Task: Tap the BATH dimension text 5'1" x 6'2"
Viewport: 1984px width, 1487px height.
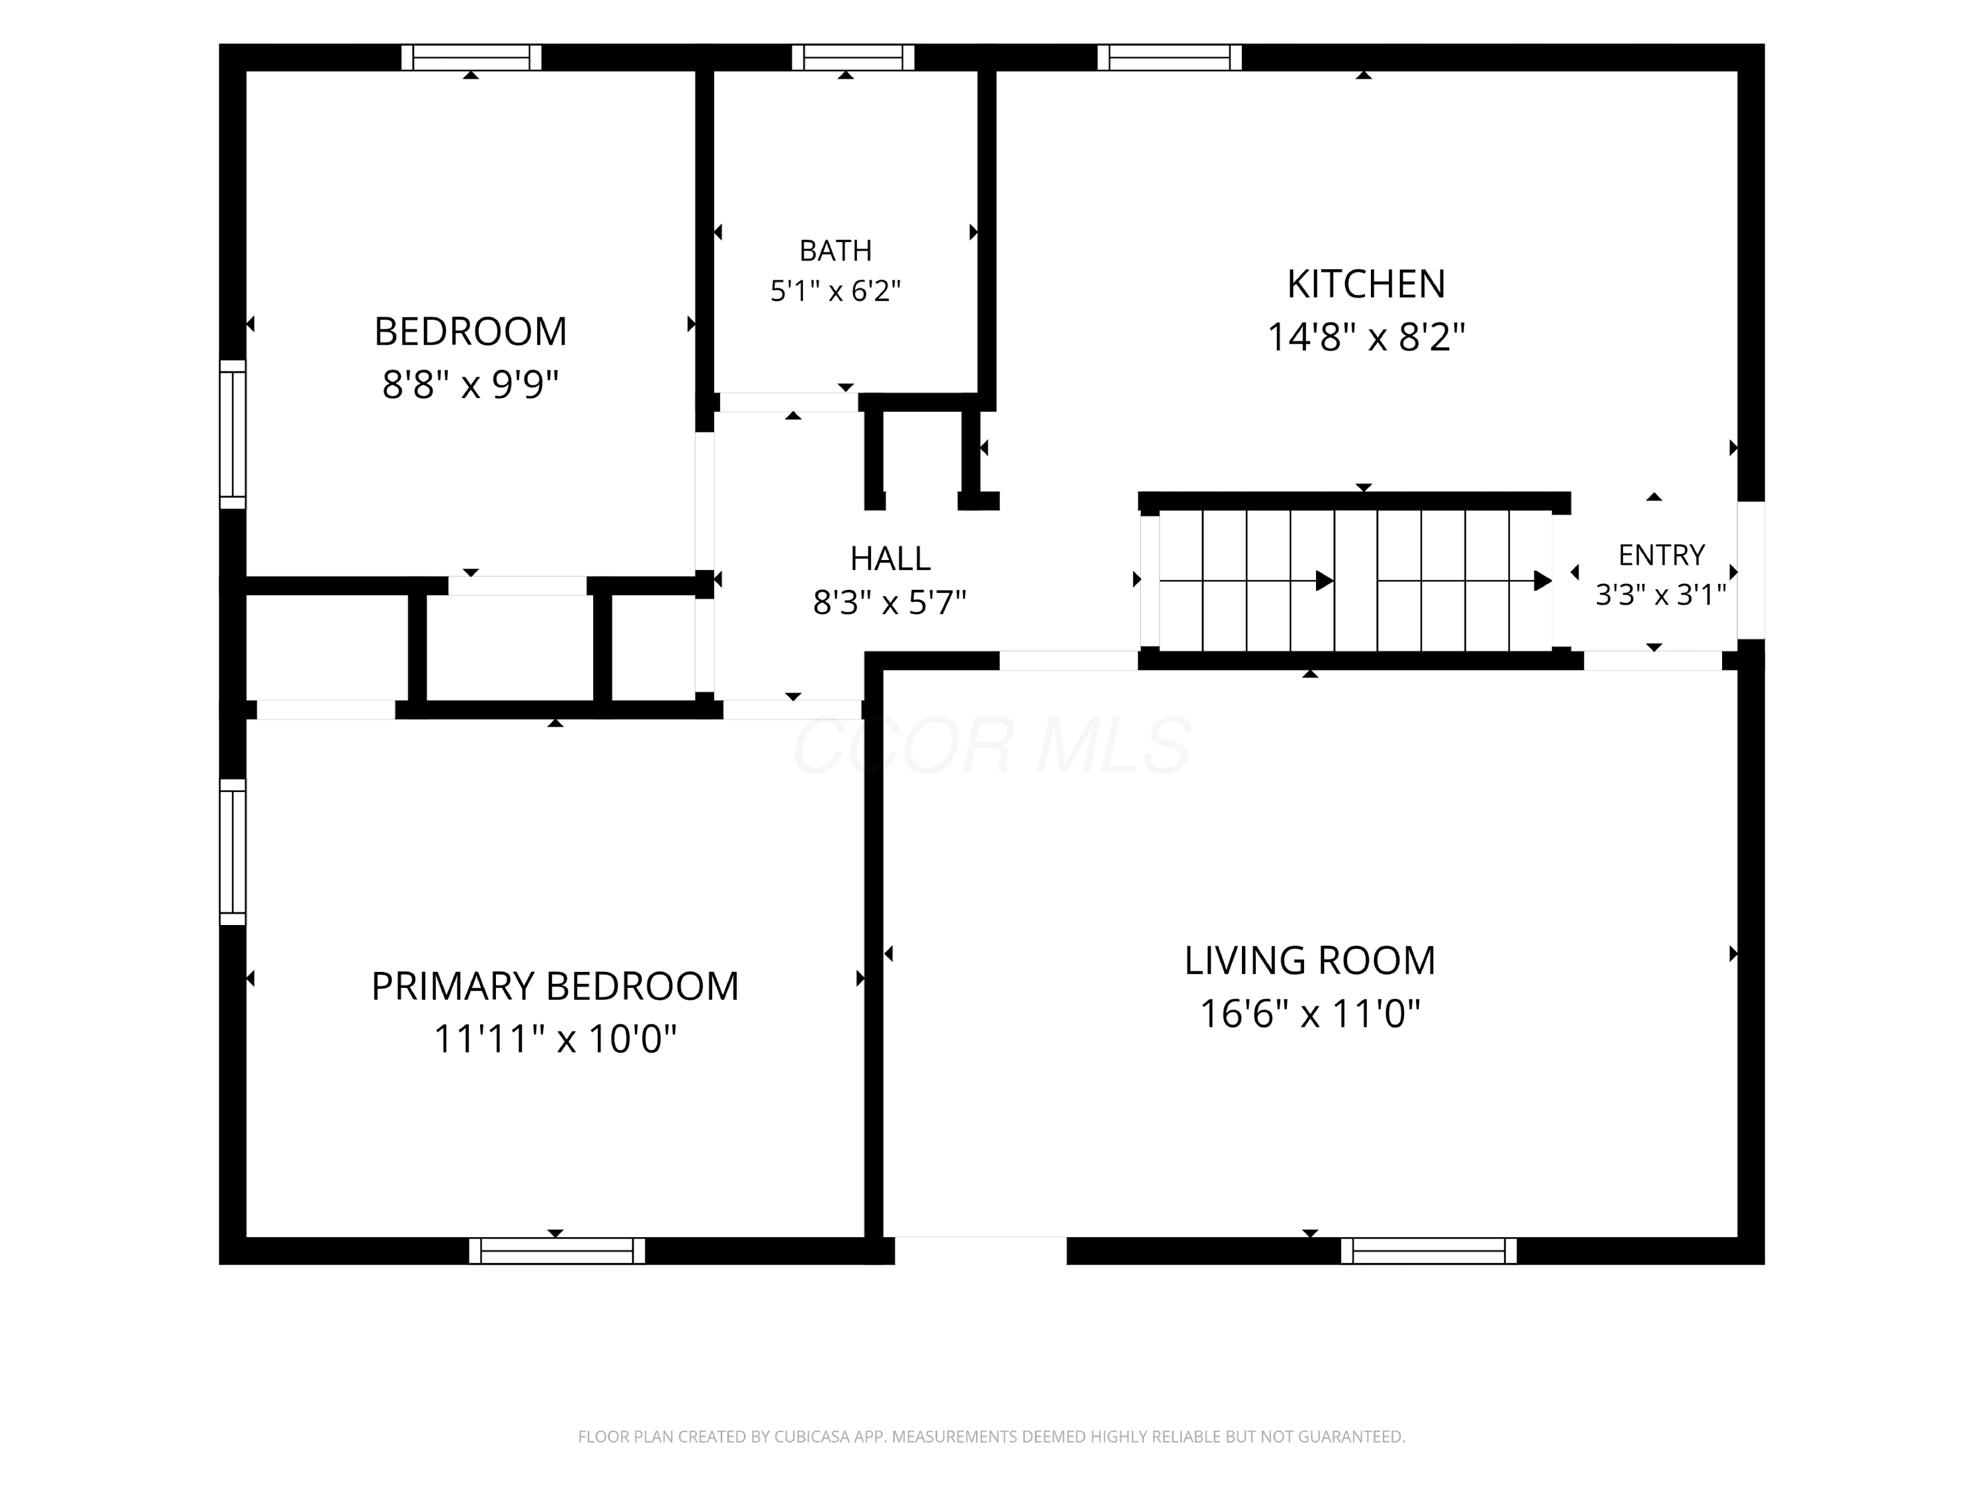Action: click(835, 290)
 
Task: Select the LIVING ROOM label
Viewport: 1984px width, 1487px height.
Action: click(1309, 961)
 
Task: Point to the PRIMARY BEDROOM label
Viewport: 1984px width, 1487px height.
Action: click(556, 986)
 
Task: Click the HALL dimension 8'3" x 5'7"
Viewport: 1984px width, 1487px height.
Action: click(889, 602)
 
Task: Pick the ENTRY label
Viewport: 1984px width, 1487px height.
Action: click(1661, 555)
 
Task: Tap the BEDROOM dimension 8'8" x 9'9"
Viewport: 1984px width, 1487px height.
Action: click(470, 385)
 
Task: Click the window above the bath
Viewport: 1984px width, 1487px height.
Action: click(853, 58)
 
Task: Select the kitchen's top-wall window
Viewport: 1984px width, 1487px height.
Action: click(1170, 58)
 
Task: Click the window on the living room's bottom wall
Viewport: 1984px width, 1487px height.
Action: click(1428, 1250)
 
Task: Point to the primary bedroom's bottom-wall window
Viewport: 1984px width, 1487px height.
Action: click(557, 1250)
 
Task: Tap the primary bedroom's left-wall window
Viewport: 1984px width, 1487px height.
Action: click(232, 852)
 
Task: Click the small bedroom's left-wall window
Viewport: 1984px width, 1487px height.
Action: click(232, 434)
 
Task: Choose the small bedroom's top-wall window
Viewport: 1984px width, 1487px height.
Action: click(471, 58)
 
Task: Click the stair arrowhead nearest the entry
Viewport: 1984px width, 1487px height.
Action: click(1543, 581)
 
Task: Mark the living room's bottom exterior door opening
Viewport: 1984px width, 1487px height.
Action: click(980, 1250)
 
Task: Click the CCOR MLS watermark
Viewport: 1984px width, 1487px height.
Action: click(992, 745)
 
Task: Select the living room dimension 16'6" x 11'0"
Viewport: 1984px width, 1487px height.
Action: click(1309, 1014)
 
